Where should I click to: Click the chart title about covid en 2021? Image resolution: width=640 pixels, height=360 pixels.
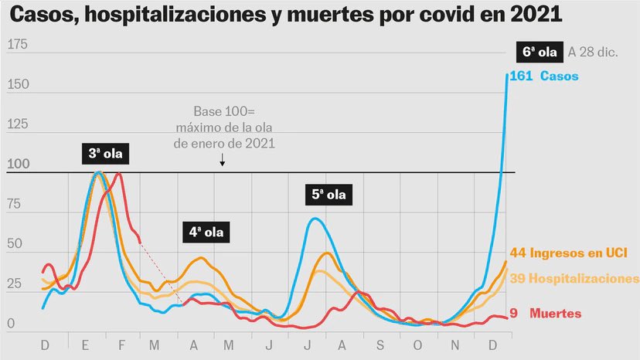(286, 15)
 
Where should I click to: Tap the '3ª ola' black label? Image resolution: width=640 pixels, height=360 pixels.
(105, 155)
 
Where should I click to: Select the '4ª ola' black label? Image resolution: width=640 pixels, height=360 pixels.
(206, 231)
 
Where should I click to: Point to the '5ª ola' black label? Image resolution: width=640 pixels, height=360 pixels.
(328, 195)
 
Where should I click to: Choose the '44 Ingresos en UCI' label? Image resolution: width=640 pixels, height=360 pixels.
(574, 253)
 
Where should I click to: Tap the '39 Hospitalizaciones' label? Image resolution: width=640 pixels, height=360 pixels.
(574, 278)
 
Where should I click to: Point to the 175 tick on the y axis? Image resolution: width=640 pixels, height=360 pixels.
(17, 46)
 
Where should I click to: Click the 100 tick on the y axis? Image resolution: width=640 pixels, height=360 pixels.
(17, 164)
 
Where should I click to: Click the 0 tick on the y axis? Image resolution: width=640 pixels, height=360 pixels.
(11, 324)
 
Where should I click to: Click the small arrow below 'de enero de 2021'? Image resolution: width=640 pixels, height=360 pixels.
(223, 160)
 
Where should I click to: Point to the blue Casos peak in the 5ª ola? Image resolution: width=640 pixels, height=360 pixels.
(314, 219)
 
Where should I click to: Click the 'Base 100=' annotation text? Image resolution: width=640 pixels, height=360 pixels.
(223, 113)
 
